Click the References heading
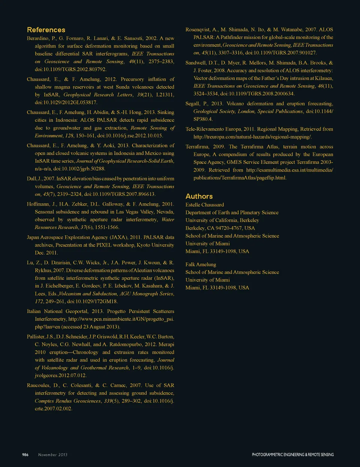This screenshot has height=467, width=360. (x=46, y=30)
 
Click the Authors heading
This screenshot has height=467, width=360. (x=199, y=196)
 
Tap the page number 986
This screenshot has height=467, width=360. (x=25, y=455)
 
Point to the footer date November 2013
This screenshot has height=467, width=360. (x=53, y=455)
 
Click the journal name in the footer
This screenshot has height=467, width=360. (x=292, y=455)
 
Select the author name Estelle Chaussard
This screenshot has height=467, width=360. (x=205, y=205)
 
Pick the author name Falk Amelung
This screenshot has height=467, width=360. (x=201, y=264)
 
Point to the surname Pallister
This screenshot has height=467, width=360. (x=36, y=337)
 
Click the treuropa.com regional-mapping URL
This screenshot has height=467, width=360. (x=252, y=137)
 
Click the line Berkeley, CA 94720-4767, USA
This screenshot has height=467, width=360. (x=220, y=228)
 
